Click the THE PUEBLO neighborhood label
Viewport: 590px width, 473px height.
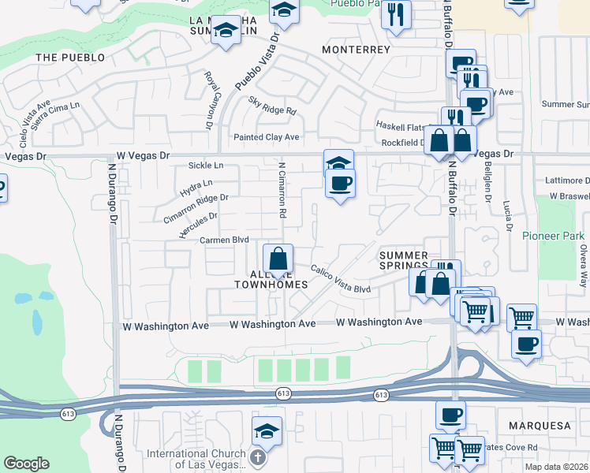(70, 58)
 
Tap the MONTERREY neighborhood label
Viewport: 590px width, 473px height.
(357, 50)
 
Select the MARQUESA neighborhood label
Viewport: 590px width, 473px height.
(543, 426)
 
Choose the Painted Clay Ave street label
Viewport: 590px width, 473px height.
(266, 137)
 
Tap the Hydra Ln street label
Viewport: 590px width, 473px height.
(196, 188)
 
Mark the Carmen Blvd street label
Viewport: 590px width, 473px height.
(224, 240)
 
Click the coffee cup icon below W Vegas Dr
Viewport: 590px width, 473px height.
(340, 184)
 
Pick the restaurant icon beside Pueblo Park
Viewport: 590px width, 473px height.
(396, 15)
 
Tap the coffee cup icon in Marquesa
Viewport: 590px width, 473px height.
(450, 415)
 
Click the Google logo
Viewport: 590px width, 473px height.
(27, 464)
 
